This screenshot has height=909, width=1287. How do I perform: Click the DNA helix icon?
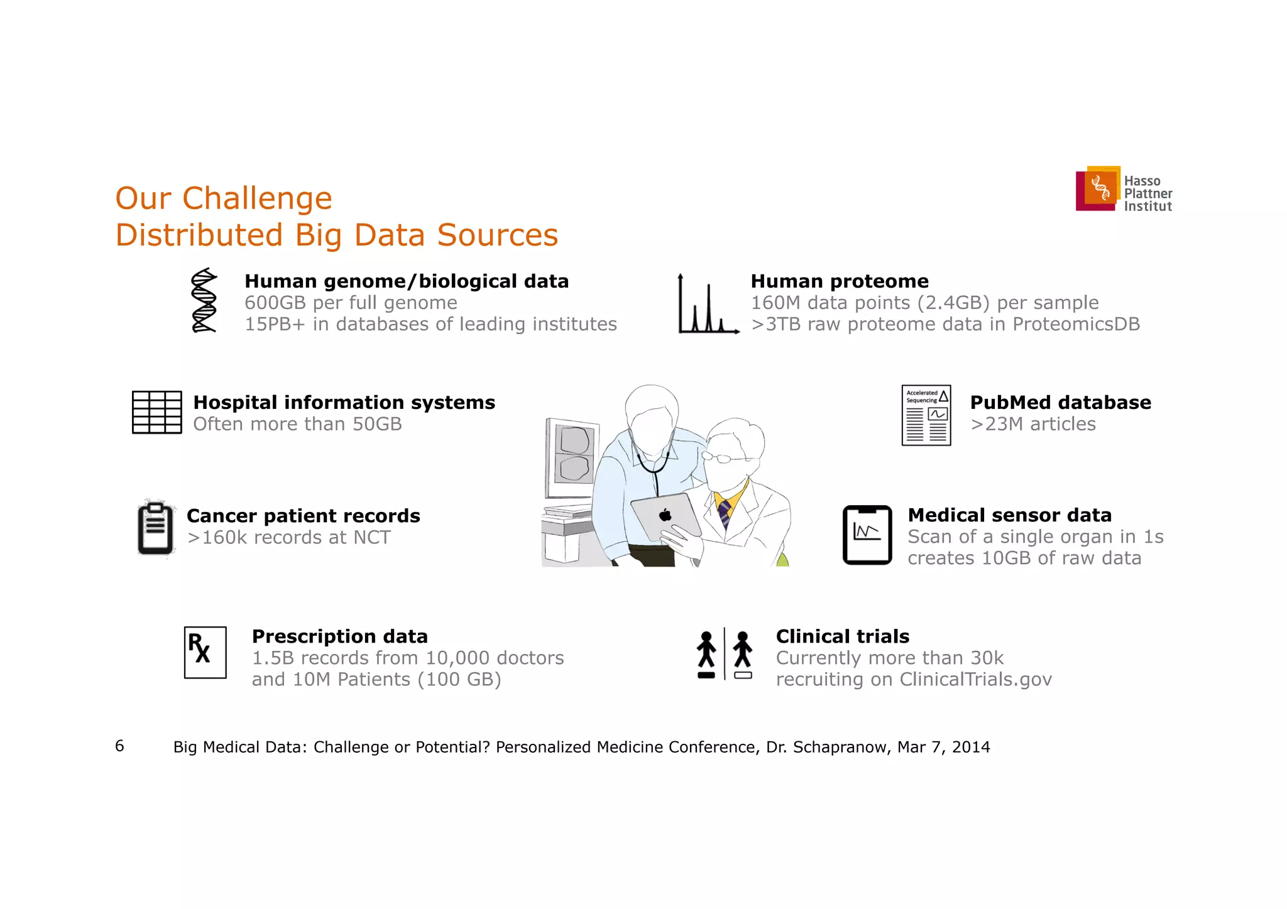(x=204, y=301)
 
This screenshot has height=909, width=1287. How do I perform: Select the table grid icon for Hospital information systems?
(x=157, y=412)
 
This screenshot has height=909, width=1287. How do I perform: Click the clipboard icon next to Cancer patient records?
(x=155, y=529)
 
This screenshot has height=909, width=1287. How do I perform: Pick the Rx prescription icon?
(x=205, y=652)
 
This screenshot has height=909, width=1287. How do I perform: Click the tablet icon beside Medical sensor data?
(x=867, y=535)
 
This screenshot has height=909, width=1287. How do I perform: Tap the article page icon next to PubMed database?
(x=926, y=415)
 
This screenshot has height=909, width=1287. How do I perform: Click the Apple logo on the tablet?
(x=665, y=516)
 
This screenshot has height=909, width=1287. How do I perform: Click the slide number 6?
(x=119, y=746)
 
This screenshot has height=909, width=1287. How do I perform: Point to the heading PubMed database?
(x=1060, y=402)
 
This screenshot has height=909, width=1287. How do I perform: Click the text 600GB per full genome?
(x=351, y=303)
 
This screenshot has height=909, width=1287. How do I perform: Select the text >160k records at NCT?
(x=289, y=538)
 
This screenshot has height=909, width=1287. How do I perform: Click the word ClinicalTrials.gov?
(x=975, y=680)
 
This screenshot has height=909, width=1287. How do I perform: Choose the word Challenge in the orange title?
(x=257, y=199)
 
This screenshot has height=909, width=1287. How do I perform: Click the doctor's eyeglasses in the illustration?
(x=724, y=457)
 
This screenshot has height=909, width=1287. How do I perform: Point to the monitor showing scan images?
(x=572, y=459)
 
